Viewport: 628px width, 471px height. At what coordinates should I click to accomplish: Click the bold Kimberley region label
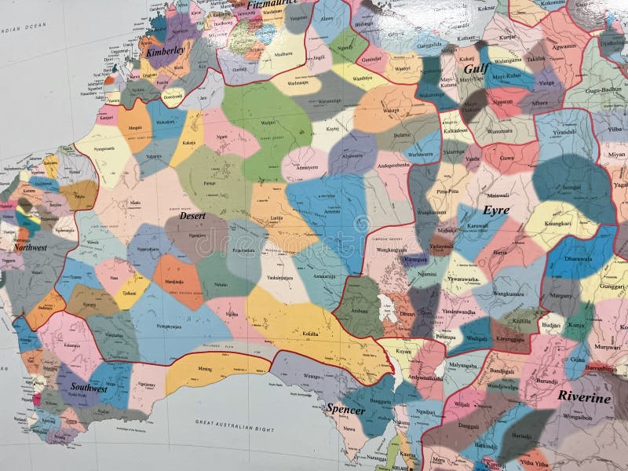[x=166, y=51]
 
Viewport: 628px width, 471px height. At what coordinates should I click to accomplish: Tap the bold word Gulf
[x=476, y=68]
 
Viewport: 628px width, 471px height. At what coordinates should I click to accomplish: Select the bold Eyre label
[x=496, y=210]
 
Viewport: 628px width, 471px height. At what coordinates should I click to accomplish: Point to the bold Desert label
[x=192, y=215]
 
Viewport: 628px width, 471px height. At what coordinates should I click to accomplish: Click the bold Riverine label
[x=584, y=397]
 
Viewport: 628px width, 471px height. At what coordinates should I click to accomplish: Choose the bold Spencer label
[x=345, y=410]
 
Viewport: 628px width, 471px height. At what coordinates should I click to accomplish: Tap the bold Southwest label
[x=89, y=388]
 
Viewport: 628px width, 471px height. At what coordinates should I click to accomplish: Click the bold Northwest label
[x=30, y=247]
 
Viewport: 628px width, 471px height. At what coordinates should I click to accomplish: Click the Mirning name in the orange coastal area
[x=204, y=368]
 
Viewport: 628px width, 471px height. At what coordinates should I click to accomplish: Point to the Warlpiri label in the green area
[x=268, y=122]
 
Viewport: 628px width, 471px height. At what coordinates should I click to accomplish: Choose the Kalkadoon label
[x=454, y=130]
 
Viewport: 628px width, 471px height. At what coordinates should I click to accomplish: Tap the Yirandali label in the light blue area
[x=564, y=133]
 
